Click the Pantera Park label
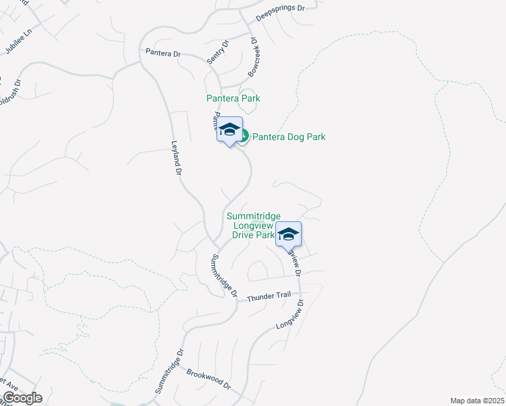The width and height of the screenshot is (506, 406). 233,98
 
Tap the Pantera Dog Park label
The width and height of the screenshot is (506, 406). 289,137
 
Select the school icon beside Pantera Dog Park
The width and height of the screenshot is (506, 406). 229,129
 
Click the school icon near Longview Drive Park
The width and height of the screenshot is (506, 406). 288,234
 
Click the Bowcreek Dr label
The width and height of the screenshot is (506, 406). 254,55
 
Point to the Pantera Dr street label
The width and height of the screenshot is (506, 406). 164,51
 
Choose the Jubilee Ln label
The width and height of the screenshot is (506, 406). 18,42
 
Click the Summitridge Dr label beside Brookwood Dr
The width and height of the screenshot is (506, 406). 169,372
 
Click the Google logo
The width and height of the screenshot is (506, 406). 22,398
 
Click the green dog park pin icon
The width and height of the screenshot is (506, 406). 244,136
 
